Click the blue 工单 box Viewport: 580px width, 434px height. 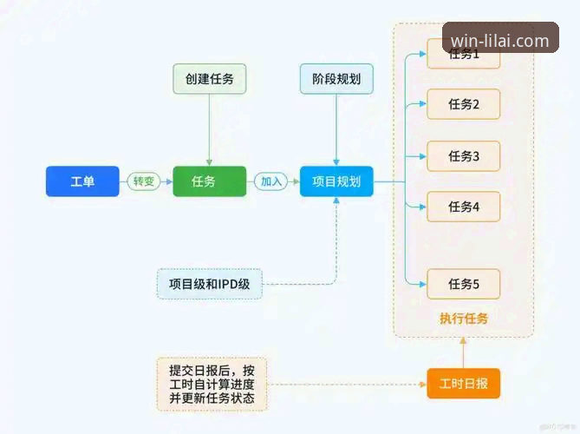tap(81, 181)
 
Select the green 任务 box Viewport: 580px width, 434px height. tap(209, 181)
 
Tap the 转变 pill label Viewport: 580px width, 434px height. tap(143, 181)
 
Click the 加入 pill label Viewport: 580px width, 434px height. tap(271, 181)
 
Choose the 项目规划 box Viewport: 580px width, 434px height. tap(336, 181)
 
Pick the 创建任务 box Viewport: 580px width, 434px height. tap(209, 79)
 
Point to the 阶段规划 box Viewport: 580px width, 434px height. tap(336, 79)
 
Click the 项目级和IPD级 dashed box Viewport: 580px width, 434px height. tap(209, 284)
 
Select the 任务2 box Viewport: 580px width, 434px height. tap(463, 105)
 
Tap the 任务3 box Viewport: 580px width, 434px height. tap(463, 156)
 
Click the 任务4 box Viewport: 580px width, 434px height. tap(463, 207)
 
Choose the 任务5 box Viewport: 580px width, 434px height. tap(463, 283)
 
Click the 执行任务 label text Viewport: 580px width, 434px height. tap(463, 319)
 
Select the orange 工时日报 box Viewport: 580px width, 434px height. tap(463, 383)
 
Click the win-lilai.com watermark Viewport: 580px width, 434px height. tap(500, 40)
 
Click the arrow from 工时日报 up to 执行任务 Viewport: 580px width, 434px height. tap(463, 352)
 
